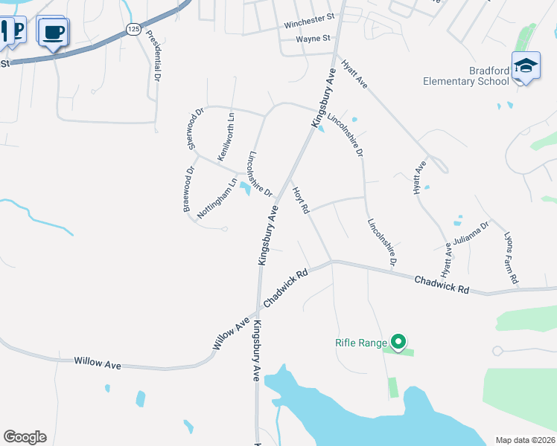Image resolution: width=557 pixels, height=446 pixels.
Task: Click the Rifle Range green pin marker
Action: pyautogui.click(x=398, y=342)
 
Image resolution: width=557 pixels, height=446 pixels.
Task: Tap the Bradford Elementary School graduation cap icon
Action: pyautogui.click(x=526, y=65)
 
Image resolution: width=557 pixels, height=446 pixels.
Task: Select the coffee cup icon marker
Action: pyautogui.click(x=53, y=32)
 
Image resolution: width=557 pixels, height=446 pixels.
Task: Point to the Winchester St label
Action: pyautogui.click(x=309, y=25)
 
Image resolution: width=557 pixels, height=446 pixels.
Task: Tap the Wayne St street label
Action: pyautogui.click(x=313, y=39)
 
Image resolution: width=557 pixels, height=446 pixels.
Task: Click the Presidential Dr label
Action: pyautogui.click(x=154, y=55)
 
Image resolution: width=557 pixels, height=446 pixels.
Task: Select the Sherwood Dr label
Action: pyautogui.click(x=195, y=129)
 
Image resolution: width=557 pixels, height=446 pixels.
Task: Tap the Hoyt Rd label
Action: pyautogui.click(x=300, y=200)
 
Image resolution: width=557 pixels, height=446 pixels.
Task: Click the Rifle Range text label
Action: pyautogui.click(x=361, y=343)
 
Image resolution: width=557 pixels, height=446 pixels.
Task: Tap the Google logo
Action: pyautogui.click(x=25, y=437)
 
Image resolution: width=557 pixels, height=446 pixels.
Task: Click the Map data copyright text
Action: pyautogui.click(x=525, y=439)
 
